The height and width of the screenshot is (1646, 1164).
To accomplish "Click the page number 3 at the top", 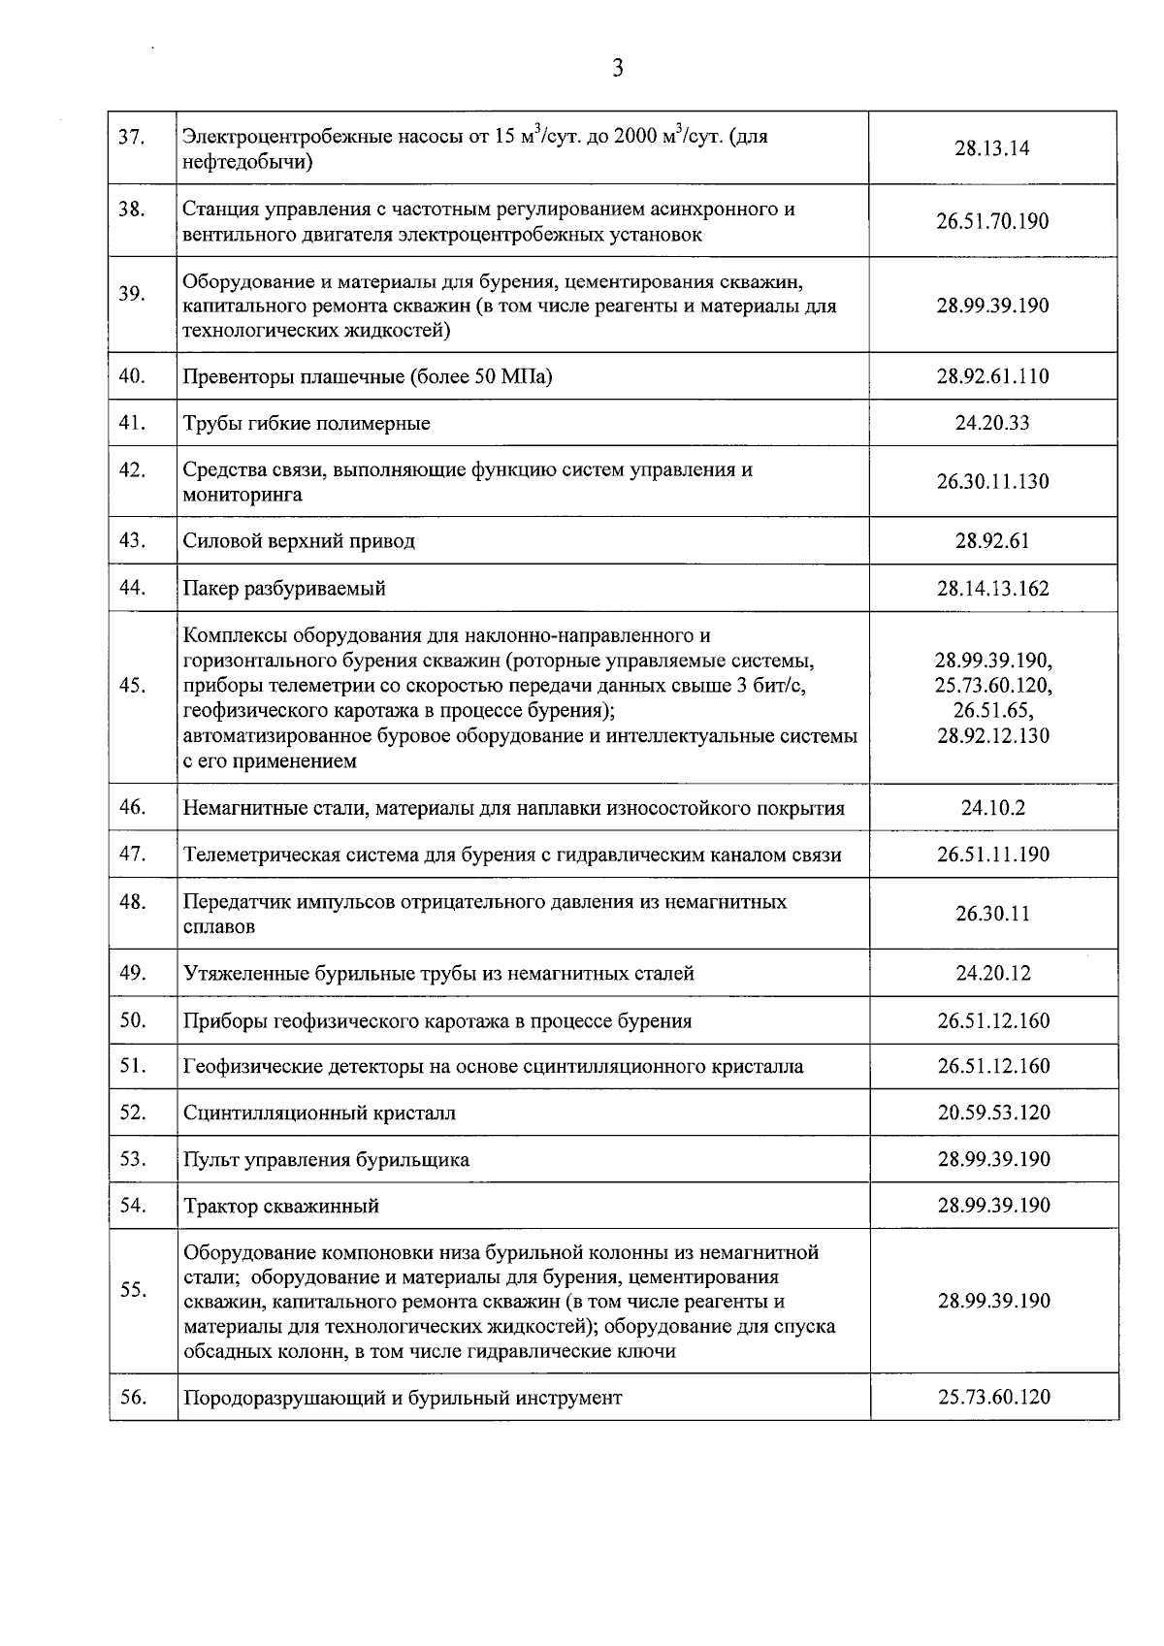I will (x=617, y=68).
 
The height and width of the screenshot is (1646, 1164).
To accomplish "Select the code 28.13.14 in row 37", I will (x=992, y=148).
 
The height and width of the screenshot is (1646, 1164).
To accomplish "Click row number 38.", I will (x=132, y=209).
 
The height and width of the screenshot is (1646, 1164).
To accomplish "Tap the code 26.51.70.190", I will (x=992, y=221).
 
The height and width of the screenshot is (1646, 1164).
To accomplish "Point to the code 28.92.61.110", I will (x=992, y=376).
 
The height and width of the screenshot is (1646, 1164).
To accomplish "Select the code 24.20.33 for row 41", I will (x=992, y=423).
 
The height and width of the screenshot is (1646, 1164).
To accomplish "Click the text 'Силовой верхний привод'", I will (x=299, y=541).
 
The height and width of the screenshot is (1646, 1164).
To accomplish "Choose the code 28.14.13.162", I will (x=992, y=589).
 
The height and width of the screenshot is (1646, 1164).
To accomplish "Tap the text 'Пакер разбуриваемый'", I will (x=284, y=589).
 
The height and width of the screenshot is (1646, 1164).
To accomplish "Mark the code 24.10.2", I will (x=992, y=808).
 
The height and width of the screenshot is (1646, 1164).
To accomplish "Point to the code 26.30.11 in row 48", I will (x=992, y=914).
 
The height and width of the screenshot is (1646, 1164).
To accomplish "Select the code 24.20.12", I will (x=992, y=973).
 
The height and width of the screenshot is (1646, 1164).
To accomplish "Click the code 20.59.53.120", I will (x=992, y=1113).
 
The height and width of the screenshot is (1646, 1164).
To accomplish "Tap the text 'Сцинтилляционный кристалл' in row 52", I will (x=319, y=1113).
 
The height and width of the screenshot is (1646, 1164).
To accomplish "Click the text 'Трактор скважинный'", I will (x=280, y=1207).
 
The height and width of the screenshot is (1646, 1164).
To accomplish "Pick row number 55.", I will (x=132, y=1290).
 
